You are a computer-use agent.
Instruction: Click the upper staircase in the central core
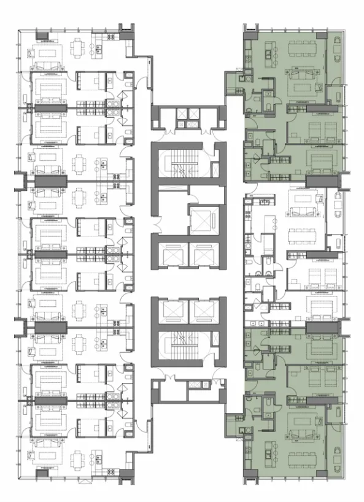(x=180, y=163)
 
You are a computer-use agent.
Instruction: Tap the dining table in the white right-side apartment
(x=303, y=233)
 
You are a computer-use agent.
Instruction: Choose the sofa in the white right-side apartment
(x=303, y=209)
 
